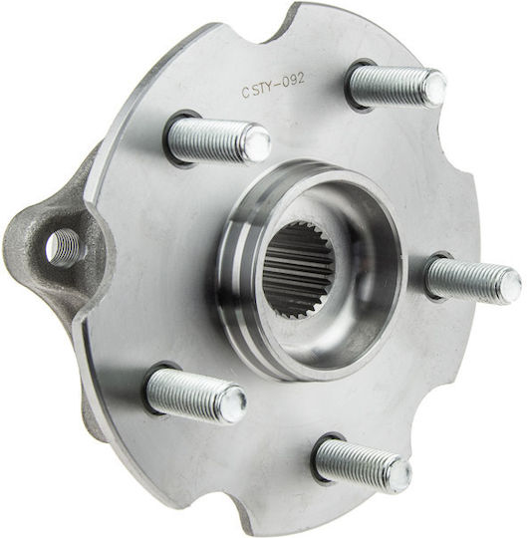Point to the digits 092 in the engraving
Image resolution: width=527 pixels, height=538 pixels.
point(293,82)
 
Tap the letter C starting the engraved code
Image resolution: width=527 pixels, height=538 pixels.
point(245,93)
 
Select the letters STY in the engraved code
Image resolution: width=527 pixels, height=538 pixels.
point(262,89)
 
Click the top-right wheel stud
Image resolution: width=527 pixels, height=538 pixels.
point(398,86)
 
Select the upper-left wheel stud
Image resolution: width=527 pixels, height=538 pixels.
point(218,138)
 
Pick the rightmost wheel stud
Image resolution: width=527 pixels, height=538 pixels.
point(474,279)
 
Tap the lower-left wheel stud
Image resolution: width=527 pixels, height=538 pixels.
point(196,396)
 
